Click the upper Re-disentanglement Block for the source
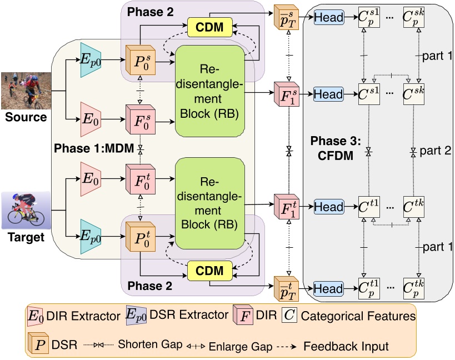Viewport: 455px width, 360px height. (210, 90)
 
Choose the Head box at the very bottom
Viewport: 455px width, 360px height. (329, 289)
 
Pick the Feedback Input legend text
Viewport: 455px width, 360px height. (346, 345)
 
